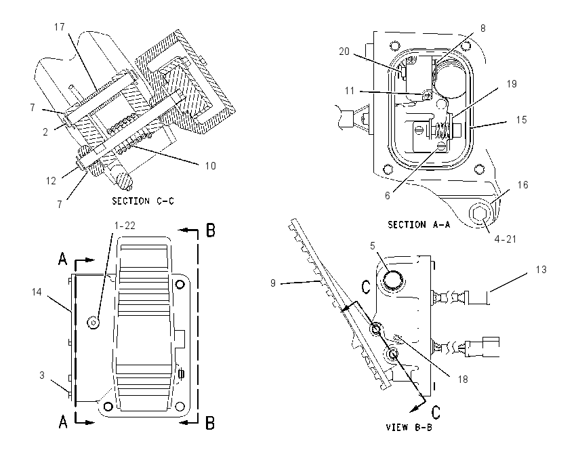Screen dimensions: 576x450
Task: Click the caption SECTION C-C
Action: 143,201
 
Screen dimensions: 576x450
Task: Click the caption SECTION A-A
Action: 419,224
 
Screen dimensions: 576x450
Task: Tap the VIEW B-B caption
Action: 409,427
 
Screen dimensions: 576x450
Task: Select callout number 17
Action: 59,27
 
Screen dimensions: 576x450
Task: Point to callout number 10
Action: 210,165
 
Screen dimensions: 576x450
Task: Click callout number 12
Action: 51,181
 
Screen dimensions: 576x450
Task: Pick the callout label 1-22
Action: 125,225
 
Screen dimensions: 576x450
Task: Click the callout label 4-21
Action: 505,239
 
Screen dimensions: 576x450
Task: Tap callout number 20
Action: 344,52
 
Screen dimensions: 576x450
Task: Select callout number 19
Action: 512,84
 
